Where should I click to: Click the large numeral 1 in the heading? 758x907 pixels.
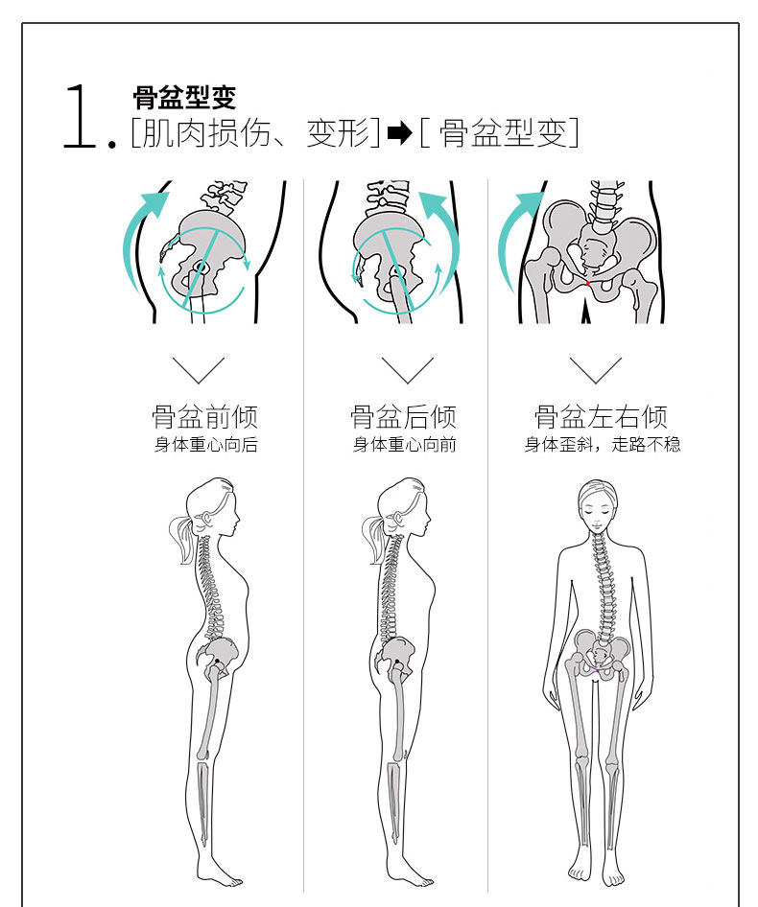82,116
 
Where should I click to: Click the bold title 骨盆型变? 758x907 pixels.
183,98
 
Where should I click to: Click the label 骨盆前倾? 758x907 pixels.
204,417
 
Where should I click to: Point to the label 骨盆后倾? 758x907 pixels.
403,417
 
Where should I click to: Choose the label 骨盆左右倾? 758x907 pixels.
601,417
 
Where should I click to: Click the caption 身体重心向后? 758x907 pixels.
206,445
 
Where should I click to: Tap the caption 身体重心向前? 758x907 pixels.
404,445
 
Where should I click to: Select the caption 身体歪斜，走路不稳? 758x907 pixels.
602,445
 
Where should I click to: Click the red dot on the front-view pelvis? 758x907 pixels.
587,283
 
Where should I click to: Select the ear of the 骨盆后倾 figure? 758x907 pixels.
393,521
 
